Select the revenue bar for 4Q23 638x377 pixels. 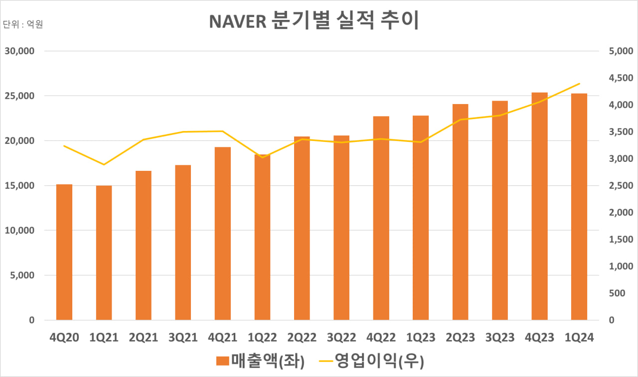[539, 206]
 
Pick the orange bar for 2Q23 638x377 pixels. [461, 212]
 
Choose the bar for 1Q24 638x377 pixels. [579, 207]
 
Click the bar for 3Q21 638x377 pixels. [183, 243]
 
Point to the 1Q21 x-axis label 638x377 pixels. [104, 338]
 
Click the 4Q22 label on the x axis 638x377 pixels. [381, 338]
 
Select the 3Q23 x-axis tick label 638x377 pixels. [500, 338]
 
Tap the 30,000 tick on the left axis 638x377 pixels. [19, 51]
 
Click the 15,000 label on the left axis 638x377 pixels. [19, 186]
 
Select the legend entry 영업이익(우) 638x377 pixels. [371, 362]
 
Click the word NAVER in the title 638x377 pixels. [237, 22]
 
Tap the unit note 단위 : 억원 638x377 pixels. [23, 24]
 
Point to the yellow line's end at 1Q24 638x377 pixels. [579, 84]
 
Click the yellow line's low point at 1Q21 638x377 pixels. [104, 164]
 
